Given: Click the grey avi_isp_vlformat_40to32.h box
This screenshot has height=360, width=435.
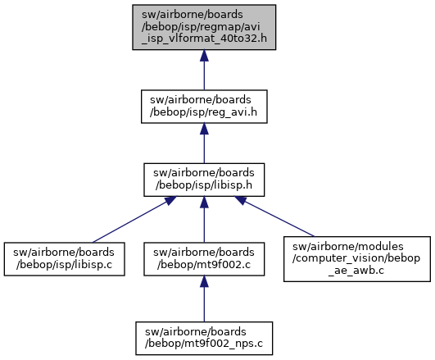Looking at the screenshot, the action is point(204,27).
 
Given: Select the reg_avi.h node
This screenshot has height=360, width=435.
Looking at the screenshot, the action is point(204,107).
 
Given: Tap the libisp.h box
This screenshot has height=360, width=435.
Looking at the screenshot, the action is point(204,180).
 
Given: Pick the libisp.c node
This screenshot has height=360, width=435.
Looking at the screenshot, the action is point(64,259).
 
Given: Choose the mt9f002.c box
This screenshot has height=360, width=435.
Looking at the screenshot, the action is point(204,259).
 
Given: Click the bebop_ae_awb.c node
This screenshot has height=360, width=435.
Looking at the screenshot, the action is point(357,259).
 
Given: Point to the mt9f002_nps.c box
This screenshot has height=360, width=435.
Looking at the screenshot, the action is point(204,338).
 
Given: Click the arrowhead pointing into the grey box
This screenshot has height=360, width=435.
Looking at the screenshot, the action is point(204,56).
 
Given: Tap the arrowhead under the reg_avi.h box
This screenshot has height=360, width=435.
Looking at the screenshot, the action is point(204,129).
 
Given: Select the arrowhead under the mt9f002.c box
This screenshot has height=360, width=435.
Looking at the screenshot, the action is point(204,281).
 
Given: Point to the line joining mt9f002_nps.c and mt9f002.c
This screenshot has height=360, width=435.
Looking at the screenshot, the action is point(204,298).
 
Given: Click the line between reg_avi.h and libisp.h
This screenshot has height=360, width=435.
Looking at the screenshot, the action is point(204,144).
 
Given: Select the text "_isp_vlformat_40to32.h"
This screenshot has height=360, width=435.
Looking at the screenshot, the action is point(204,39).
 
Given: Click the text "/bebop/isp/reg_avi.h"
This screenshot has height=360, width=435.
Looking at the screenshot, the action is point(203,112).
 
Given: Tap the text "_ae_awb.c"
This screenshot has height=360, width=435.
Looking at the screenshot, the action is point(356,270).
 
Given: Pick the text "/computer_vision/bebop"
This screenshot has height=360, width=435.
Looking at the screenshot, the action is point(356,258).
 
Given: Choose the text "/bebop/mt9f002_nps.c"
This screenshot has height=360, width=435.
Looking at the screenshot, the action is point(204,344).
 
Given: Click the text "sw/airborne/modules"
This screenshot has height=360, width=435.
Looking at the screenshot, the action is point(348,246).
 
